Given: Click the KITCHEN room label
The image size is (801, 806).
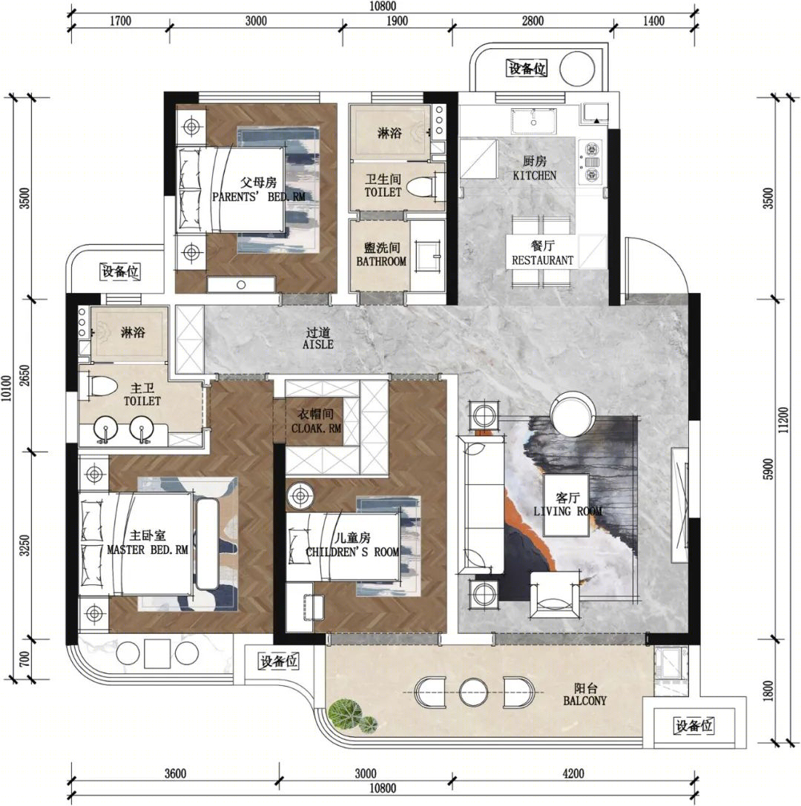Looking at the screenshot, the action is [x=534, y=175].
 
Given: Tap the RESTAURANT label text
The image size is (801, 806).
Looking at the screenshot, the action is [x=542, y=260].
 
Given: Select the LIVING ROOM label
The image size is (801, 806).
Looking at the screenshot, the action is [x=567, y=511].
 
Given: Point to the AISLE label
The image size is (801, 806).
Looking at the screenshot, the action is [x=317, y=344].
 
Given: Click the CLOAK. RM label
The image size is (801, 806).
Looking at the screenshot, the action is [x=316, y=428].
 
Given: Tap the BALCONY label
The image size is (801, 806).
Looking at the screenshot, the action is [x=584, y=701].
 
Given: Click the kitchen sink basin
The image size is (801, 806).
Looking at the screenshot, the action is [x=534, y=121].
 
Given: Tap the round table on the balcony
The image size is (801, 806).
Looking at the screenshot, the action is [x=472, y=693].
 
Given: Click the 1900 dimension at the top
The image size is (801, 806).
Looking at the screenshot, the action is [x=397, y=21].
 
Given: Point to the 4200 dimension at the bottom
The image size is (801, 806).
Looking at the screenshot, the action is [x=573, y=773].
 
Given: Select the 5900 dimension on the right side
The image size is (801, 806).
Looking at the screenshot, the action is [x=768, y=469].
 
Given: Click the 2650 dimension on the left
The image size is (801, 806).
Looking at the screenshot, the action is [x=24, y=376].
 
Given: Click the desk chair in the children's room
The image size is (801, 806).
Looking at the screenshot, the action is [x=314, y=607].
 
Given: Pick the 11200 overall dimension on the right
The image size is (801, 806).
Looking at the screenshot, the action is [x=783, y=420].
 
